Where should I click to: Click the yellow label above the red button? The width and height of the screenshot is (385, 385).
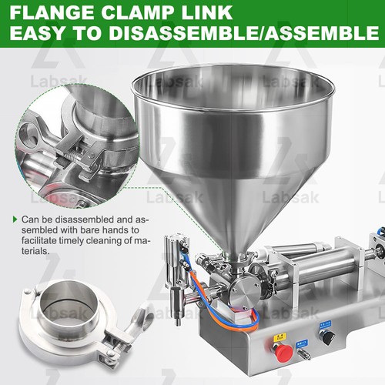point(280,336)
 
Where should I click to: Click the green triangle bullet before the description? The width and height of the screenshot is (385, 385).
point(15,219)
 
